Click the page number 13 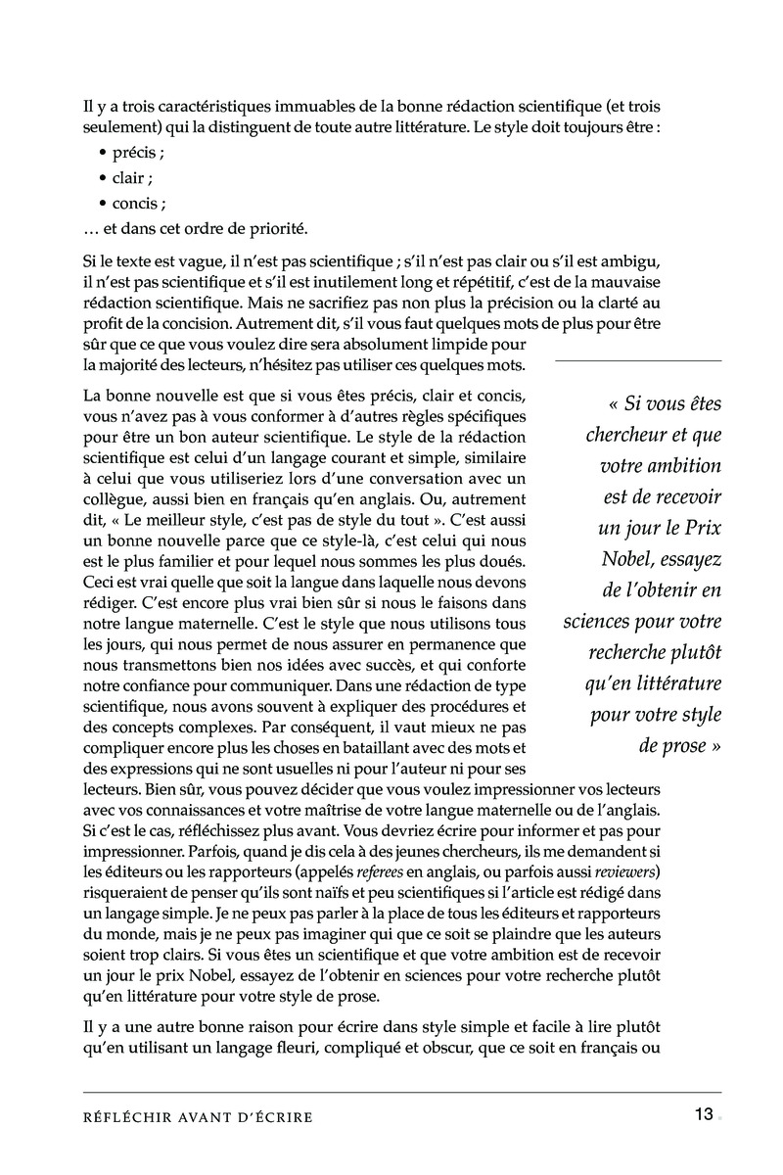(x=704, y=1114)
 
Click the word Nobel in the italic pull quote (x=634, y=559)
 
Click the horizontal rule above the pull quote (x=638, y=361)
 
